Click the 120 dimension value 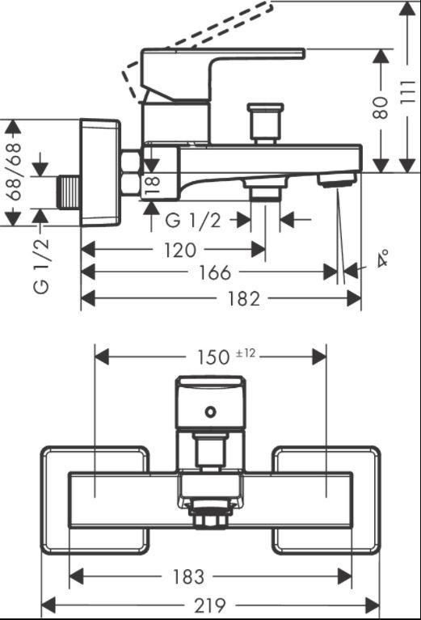coord(180,250)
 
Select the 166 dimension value coord(215,272)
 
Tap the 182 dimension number coord(243,298)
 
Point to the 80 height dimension coord(381,108)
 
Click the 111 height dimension coord(408,92)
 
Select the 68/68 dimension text coord(14,172)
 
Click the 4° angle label coord(381,258)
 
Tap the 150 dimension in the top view coord(213,357)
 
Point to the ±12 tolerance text coord(245,353)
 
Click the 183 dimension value coord(187,577)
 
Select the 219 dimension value coord(210,605)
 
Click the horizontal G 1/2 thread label coord(192,220)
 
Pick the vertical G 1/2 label coord(41,266)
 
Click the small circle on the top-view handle coord(211,412)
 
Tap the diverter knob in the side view coord(265,124)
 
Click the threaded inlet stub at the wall coord(69,192)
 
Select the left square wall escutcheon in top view coord(95,500)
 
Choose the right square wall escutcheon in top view coord(326,500)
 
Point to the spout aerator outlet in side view coord(337,179)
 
